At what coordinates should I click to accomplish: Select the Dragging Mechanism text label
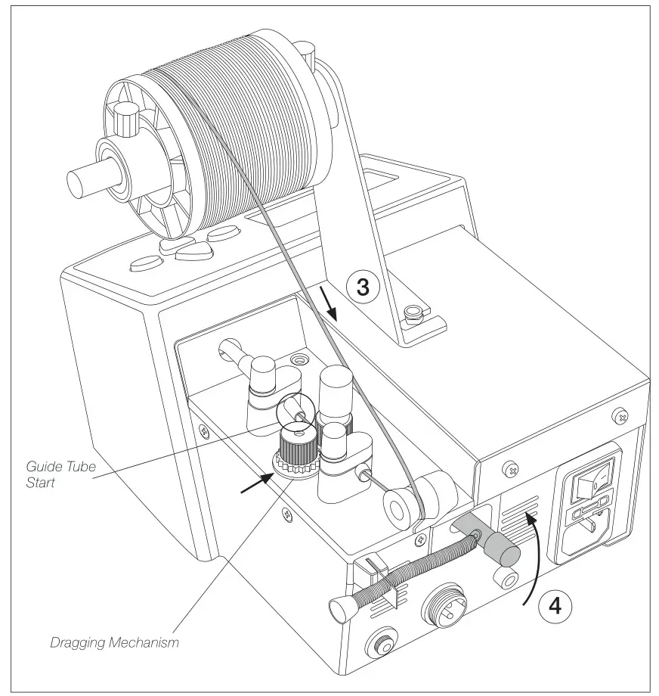pos(115,644)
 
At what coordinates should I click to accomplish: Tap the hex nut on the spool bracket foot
pos(412,312)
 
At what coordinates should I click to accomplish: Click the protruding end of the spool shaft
pos(83,181)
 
